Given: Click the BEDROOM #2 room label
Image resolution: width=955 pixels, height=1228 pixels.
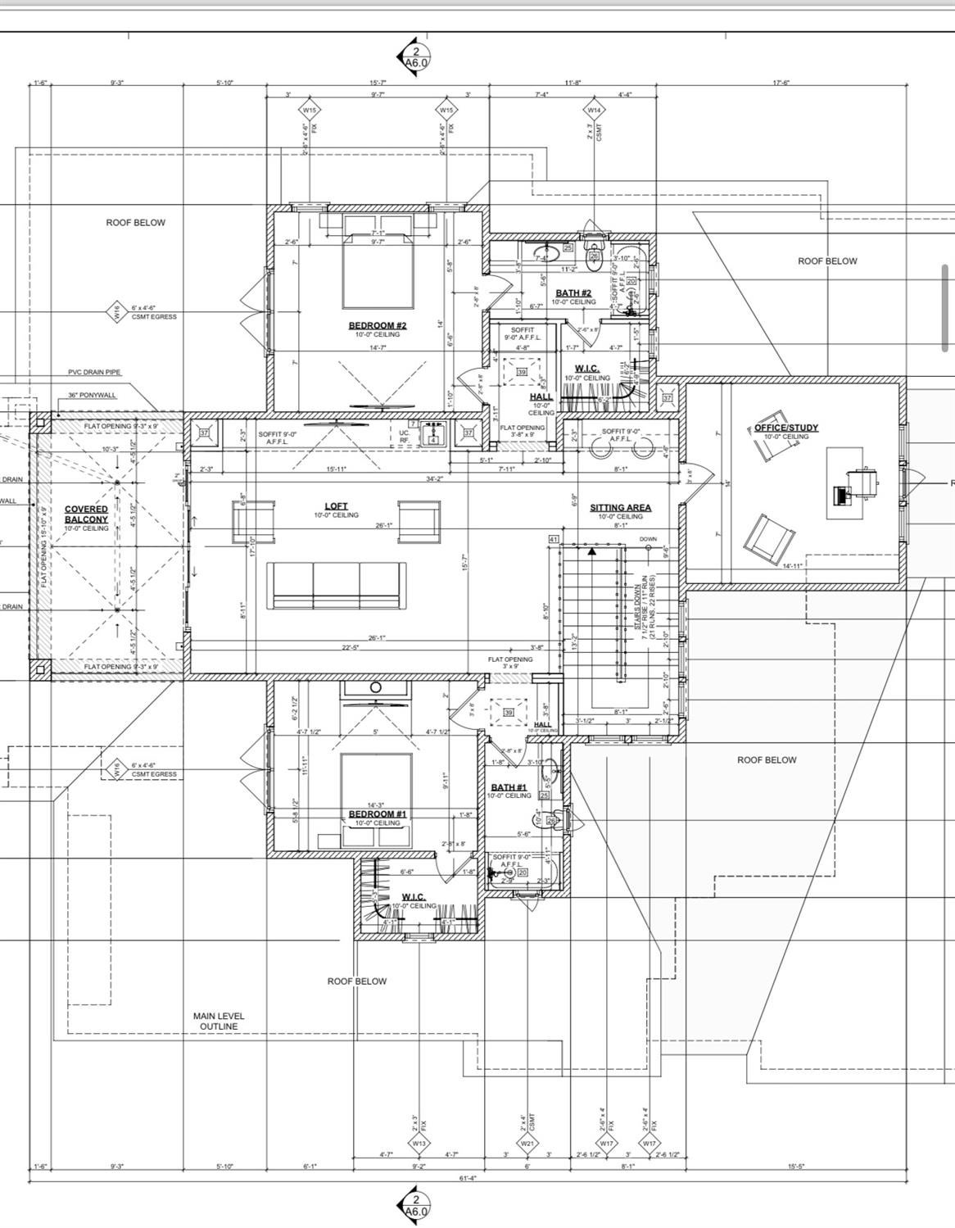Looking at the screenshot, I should pyautogui.click(x=377, y=325).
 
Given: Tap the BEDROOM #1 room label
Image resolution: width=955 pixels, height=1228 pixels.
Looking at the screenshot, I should pyautogui.click(x=377, y=813).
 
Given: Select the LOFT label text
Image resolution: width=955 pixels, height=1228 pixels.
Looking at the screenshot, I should pyautogui.click(x=336, y=506).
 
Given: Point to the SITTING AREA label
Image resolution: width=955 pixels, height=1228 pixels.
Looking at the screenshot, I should pyautogui.click(x=620, y=507).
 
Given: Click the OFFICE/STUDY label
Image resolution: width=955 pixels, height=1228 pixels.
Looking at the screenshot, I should pyautogui.click(x=785, y=428).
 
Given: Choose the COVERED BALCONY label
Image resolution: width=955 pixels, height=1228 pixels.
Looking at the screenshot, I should pyautogui.click(x=86, y=514).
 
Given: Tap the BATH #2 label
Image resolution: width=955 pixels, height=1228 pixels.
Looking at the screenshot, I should pyautogui.click(x=573, y=292).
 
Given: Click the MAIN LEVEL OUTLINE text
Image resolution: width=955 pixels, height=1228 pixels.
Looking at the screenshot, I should pyautogui.click(x=219, y=1021).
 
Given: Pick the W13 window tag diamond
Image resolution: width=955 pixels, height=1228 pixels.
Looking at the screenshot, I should pyautogui.click(x=419, y=1143).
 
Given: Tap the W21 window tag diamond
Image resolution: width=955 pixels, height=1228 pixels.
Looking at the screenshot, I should pyautogui.click(x=527, y=1143).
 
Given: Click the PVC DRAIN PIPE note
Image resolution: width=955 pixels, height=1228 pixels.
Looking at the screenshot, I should pyautogui.click(x=94, y=372).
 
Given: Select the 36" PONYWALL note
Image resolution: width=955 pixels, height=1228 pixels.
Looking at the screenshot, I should pyautogui.click(x=92, y=394).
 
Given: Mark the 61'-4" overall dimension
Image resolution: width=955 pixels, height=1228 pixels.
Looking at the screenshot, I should pyautogui.click(x=468, y=1178).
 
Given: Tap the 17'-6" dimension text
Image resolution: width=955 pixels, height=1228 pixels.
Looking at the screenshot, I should pyautogui.click(x=781, y=83).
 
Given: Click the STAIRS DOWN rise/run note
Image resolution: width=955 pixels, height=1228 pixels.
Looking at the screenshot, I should pyautogui.click(x=643, y=611).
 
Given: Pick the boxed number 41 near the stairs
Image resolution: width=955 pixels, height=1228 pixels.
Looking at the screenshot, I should pyautogui.click(x=554, y=538).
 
